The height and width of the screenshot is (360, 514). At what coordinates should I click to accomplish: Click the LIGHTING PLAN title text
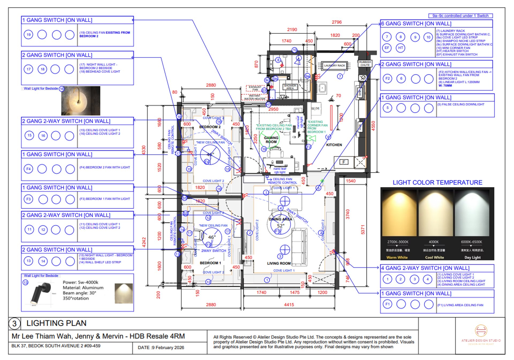[56, 323]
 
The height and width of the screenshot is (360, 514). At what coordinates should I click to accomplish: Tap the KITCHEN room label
[334, 145]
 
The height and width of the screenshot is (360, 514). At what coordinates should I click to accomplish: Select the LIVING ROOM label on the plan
[279, 263]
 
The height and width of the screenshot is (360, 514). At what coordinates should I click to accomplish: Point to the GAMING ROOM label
[271, 140]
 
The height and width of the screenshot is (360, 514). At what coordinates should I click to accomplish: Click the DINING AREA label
[280, 219]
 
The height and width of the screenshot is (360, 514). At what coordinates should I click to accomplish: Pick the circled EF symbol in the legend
[387, 48]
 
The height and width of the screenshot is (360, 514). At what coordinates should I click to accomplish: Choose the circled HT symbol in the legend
[400, 48]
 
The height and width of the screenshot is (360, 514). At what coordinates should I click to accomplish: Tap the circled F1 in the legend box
[387, 304]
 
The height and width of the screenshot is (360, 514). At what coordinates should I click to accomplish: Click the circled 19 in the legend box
[29, 35]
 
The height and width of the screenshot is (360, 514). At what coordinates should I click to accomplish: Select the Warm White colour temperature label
[397, 257]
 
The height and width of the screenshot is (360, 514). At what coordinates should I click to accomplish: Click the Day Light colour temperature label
[473, 257]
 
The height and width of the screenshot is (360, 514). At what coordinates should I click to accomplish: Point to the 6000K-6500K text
[471, 242]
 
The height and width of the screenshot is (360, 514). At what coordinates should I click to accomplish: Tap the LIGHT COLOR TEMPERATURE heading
[437, 183]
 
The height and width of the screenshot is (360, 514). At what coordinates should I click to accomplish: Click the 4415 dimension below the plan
[289, 305]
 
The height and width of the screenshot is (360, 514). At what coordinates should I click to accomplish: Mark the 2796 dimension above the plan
[337, 22]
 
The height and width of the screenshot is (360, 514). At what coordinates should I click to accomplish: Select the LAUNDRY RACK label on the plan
[334, 65]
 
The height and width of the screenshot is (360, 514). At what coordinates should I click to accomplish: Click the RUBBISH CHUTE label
[365, 63]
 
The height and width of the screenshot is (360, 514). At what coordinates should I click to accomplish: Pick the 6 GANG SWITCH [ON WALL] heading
[416, 24]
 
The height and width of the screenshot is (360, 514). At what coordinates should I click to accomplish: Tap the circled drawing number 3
[14, 323]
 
